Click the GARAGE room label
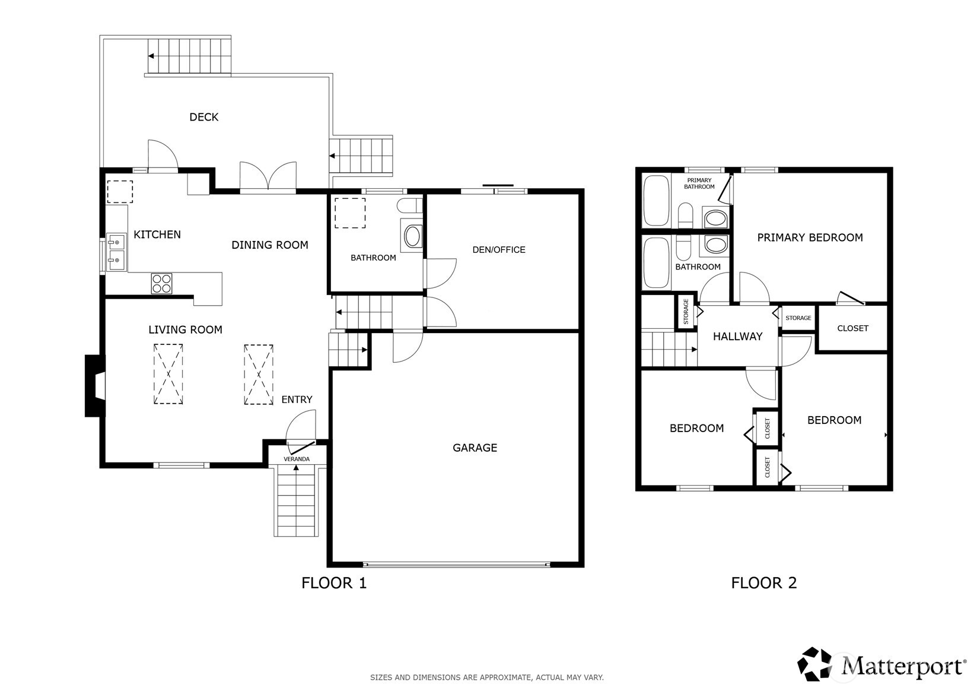click(x=475, y=448)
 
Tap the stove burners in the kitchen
click(x=161, y=283)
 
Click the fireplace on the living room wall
click(x=95, y=386)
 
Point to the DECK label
click(x=203, y=117)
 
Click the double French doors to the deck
click(x=268, y=177)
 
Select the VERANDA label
click(x=297, y=459)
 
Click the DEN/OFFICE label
click(x=499, y=250)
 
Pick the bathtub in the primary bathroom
click(x=656, y=201)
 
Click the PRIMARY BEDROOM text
click(x=810, y=237)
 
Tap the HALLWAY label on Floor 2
click(x=737, y=337)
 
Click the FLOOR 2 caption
click(x=763, y=583)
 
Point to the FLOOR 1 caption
click(x=334, y=583)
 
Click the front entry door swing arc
click(x=301, y=426)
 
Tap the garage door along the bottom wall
click(x=456, y=563)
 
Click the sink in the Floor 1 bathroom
click(x=412, y=236)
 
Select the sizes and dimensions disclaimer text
click(x=486, y=677)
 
